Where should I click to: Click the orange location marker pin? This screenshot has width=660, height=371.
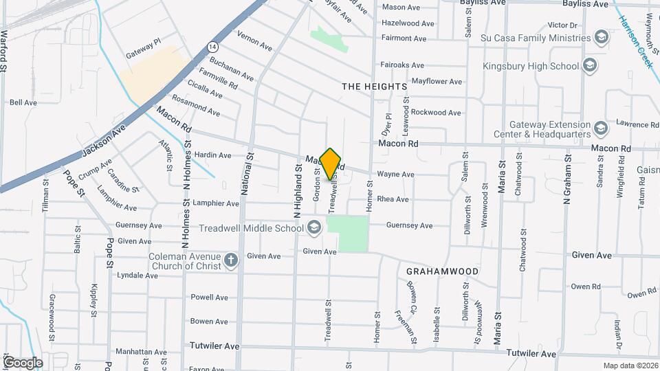click(331, 164)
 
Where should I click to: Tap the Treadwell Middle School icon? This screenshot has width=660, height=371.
click(313, 227)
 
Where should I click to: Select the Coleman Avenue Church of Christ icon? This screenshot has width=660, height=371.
click(231, 261)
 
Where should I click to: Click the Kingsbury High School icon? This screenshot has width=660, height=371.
click(589, 66)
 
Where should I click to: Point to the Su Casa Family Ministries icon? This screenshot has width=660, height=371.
click(602, 37)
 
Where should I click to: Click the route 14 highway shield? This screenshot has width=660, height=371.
click(214, 47)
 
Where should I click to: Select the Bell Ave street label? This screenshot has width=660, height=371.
click(23, 102)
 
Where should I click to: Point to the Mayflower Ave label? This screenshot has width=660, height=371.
click(437, 81)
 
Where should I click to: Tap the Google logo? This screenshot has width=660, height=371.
click(23, 362)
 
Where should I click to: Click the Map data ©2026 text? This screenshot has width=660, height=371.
click(630, 366)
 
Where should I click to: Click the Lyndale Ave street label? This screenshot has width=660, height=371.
click(137, 276)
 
